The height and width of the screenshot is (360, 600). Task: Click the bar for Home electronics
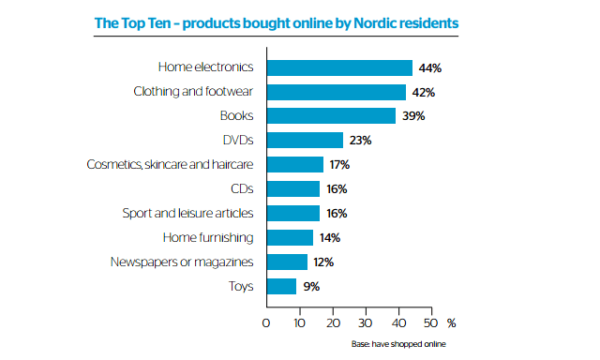340,67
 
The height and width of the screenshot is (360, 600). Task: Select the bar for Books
332,116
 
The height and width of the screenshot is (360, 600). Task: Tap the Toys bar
282,287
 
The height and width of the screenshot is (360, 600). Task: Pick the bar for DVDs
306,141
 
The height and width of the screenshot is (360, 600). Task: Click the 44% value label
430,67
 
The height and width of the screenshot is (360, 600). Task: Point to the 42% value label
424,92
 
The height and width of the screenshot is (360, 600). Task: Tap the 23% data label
361,141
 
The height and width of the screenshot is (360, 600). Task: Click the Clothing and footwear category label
195,92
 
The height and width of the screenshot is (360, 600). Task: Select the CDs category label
243,189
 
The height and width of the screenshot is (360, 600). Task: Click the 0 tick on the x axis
266,323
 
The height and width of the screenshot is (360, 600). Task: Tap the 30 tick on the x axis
365,323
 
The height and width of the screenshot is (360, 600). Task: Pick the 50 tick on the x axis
430,323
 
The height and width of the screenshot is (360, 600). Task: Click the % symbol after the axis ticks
452,323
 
